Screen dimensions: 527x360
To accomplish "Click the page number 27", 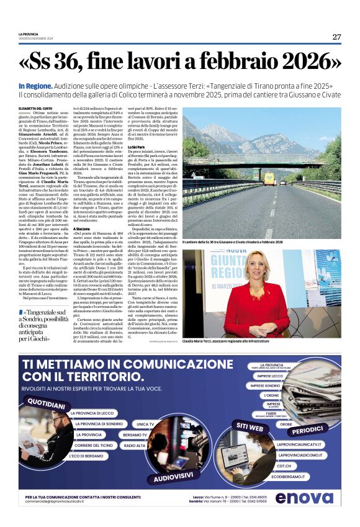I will pos(336,37).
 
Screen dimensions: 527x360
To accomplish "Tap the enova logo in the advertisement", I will pos(304,497).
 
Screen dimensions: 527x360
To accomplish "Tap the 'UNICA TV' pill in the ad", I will pos(145,424).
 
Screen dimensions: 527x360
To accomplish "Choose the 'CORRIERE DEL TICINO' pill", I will pos(94,446).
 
